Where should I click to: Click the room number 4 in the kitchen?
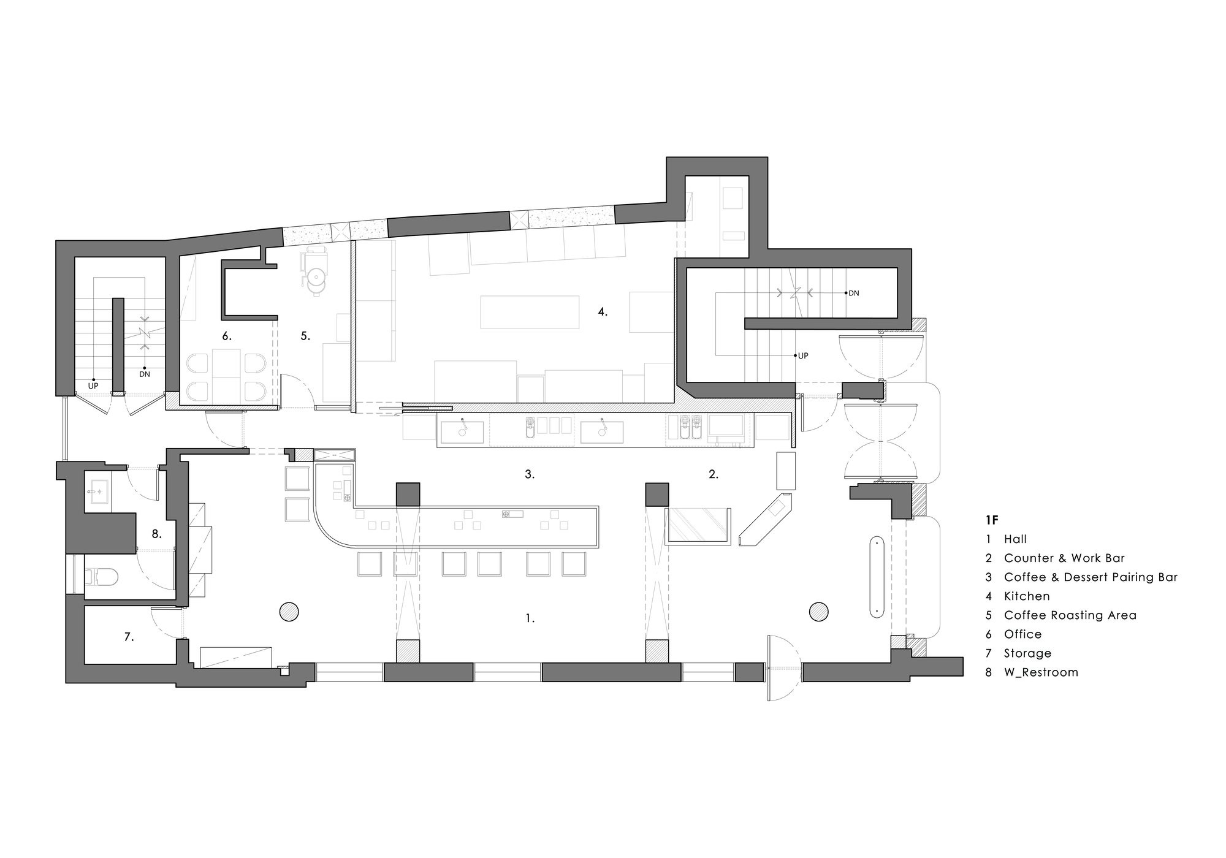[x=603, y=312]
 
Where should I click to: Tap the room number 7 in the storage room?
[x=129, y=637]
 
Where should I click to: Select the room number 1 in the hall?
[x=530, y=619]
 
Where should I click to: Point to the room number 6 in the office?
[x=227, y=336]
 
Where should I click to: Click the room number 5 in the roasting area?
[x=305, y=336]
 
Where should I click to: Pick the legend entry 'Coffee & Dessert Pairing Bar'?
[x=1091, y=577]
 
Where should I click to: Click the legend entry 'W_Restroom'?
[x=1041, y=672]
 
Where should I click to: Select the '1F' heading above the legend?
[x=992, y=520]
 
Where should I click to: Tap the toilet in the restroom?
[x=101, y=576]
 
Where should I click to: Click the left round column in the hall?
[x=289, y=612]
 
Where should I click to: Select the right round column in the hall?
[x=818, y=612]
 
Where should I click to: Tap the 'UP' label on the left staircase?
[x=93, y=386]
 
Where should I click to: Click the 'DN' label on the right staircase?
[x=853, y=294]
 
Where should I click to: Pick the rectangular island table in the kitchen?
[x=530, y=313]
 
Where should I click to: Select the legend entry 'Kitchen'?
[x=1027, y=596]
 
